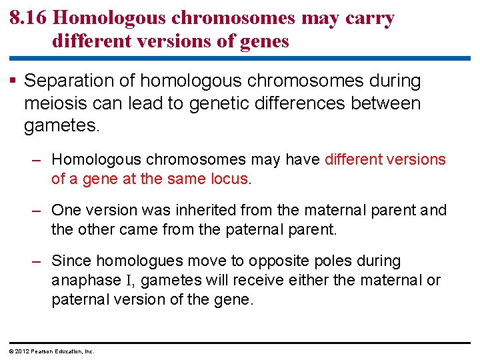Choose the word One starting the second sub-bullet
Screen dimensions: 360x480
(x=65, y=211)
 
